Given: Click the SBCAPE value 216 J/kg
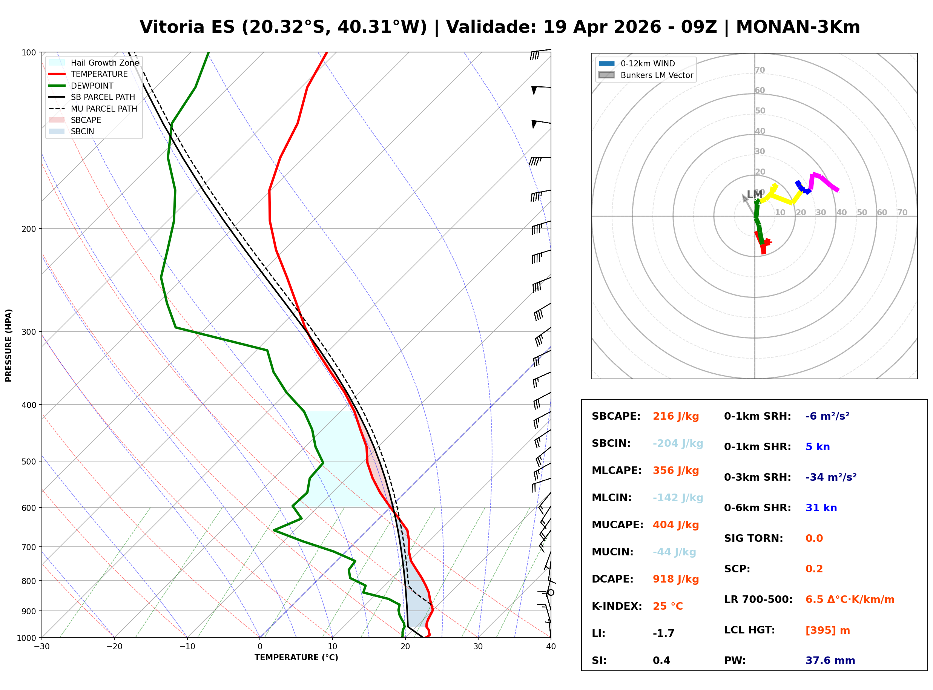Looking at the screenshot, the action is [x=676, y=416].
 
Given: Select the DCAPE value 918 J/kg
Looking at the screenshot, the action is [x=676, y=579].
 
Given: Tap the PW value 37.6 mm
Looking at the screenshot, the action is [x=830, y=661].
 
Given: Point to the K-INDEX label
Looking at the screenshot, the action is [x=617, y=606].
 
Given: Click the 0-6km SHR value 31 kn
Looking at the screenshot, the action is [x=821, y=508].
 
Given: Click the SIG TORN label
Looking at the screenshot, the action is [x=753, y=538].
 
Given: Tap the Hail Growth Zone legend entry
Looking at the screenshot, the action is [x=94, y=63].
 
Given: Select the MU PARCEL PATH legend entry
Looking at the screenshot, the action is [x=93, y=109].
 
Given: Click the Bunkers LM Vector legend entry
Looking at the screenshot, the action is [x=646, y=75].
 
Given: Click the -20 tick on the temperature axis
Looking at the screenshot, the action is [x=114, y=647].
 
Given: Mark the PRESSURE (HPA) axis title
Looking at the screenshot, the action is [x=9, y=345].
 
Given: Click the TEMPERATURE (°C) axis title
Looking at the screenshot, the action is [x=296, y=658].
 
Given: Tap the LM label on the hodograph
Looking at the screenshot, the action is [x=754, y=194].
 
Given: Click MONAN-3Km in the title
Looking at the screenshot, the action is [x=798, y=27].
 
